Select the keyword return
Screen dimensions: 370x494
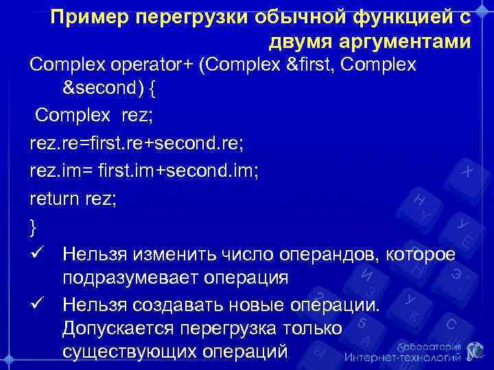(54, 198)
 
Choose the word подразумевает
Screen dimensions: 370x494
(128, 278)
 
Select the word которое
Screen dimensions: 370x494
(420, 254)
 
